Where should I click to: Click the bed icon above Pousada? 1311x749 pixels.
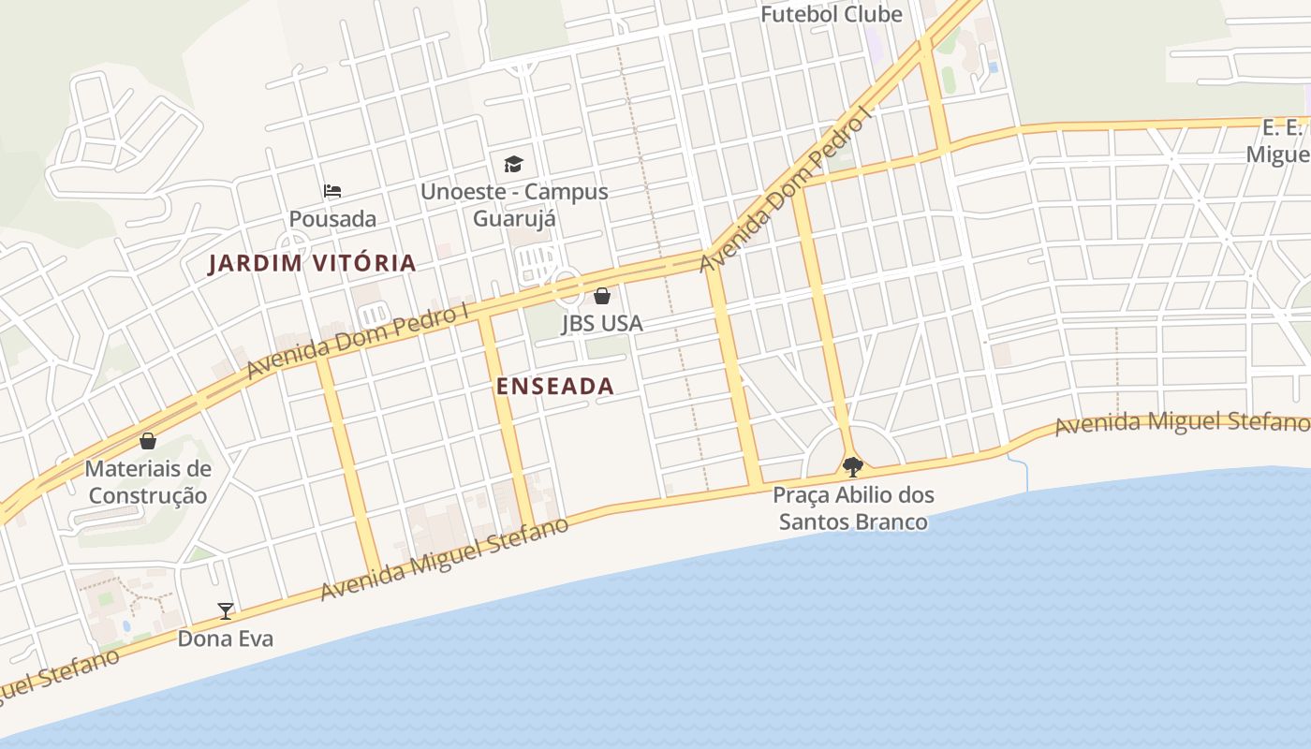[332, 191]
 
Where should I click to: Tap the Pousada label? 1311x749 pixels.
[332, 219]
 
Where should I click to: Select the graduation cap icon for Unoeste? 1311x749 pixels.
[513, 165]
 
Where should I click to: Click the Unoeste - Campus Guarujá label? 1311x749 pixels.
[514, 205]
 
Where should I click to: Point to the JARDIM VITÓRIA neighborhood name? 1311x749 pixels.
[312, 263]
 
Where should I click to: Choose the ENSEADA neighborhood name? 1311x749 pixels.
[555, 386]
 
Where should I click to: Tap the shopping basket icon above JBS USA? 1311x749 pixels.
[602, 296]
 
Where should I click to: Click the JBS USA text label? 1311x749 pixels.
[602, 324]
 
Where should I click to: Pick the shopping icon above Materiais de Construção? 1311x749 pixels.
[148, 440]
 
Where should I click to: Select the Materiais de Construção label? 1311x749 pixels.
[148, 482]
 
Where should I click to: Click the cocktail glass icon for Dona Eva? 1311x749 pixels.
[226, 611]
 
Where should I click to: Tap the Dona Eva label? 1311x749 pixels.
[226, 639]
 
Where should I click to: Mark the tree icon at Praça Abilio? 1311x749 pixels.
[852, 466]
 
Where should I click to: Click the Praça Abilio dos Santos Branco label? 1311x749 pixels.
[853, 508]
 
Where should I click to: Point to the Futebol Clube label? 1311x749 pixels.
[831, 14]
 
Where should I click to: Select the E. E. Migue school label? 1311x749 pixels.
[1284, 140]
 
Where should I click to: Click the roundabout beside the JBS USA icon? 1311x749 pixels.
[567, 285]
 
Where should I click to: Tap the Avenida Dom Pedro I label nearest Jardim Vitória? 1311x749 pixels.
[357, 342]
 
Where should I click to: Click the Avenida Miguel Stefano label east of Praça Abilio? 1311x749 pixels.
[1182, 424]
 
